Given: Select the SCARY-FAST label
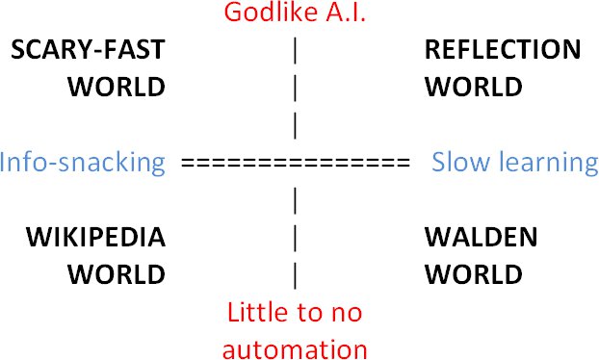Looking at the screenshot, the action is [89, 49].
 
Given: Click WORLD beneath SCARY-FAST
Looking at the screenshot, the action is [117, 87].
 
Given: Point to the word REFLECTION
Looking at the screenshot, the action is [503, 49].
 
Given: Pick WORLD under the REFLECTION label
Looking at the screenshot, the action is [474, 87].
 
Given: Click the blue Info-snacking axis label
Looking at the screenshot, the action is [83, 163].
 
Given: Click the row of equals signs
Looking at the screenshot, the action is [296, 163].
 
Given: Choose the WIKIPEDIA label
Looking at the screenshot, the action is [96, 237].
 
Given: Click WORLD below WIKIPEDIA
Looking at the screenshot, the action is [117, 274].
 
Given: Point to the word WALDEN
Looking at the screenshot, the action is [482, 237].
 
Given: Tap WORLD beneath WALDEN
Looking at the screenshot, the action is [474, 274].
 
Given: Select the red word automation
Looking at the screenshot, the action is [295, 348].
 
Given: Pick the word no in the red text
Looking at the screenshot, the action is [349, 314].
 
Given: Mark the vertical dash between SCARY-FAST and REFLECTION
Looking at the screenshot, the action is [295, 50].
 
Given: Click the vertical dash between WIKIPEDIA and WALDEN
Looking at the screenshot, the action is [295, 238].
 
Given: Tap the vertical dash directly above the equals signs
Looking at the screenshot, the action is [295, 125].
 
